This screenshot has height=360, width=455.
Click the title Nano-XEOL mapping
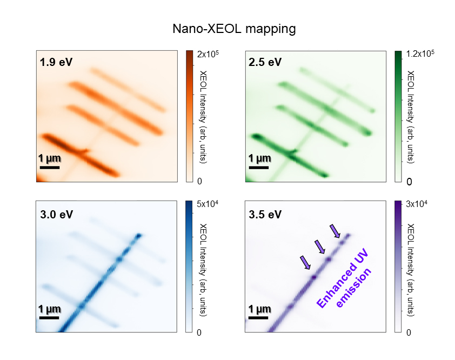click(x=234, y=29)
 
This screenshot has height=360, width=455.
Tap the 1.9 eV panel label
click(x=56, y=62)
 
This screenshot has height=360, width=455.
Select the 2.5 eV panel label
click(x=265, y=62)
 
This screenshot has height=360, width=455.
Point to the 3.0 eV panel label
click(x=56, y=214)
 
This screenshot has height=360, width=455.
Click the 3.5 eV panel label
click(x=265, y=214)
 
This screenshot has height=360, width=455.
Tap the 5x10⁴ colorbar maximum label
click(x=207, y=204)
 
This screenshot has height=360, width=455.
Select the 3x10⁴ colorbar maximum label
click(x=417, y=204)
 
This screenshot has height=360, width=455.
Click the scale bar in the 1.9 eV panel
click(x=50, y=168)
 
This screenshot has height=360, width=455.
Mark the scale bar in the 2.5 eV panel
click(x=259, y=168)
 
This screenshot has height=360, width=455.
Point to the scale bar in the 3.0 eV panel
click(x=50, y=318)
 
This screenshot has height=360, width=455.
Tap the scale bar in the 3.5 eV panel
click(x=259, y=318)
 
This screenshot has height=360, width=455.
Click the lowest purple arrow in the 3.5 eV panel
click(x=306, y=263)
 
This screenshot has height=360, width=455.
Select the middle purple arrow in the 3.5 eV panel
click(x=320, y=247)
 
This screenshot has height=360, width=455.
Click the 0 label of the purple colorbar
click(x=409, y=332)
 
